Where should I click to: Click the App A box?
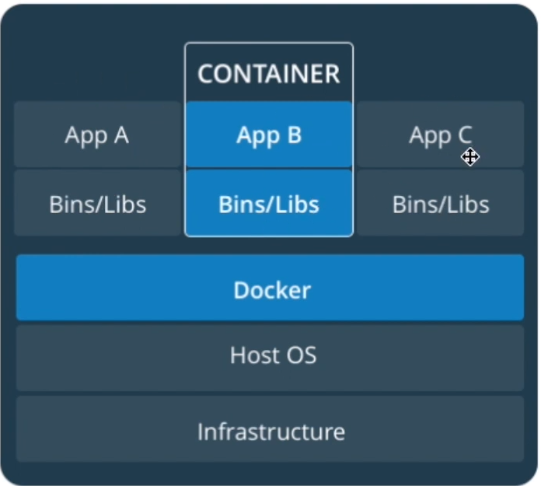(97, 135)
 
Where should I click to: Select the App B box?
(269, 135)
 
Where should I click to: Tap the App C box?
(441, 135)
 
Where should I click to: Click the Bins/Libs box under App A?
(97, 204)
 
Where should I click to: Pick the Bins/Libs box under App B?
(269, 204)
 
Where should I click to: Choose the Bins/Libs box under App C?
(441, 204)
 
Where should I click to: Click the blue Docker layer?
(270, 288)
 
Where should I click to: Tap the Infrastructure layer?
(270, 429)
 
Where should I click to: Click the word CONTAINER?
(269, 74)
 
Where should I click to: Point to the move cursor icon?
(469, 158)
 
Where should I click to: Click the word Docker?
(272, 290)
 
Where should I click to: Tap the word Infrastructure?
(270, 431)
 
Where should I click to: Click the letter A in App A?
(120, 135)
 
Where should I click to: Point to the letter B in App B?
(293, 135)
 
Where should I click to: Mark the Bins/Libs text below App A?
(97, 205)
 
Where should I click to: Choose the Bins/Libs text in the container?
(269, 205)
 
